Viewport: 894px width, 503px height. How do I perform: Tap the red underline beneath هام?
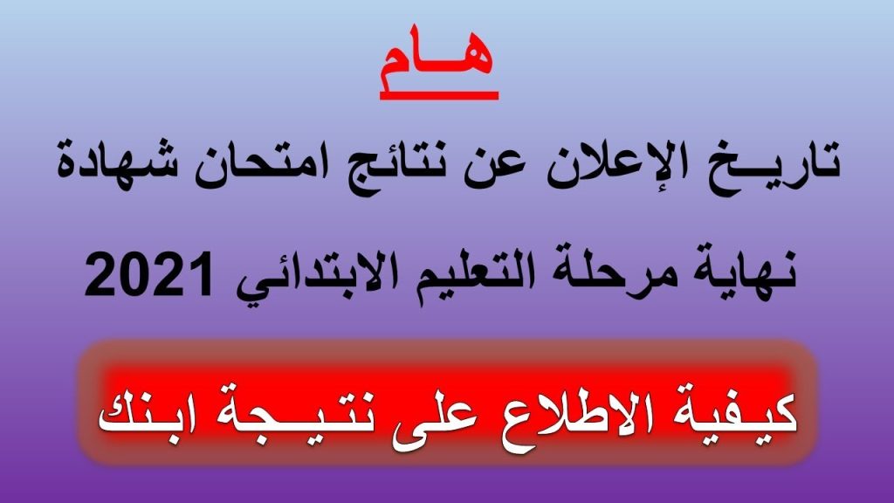[439, 96]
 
